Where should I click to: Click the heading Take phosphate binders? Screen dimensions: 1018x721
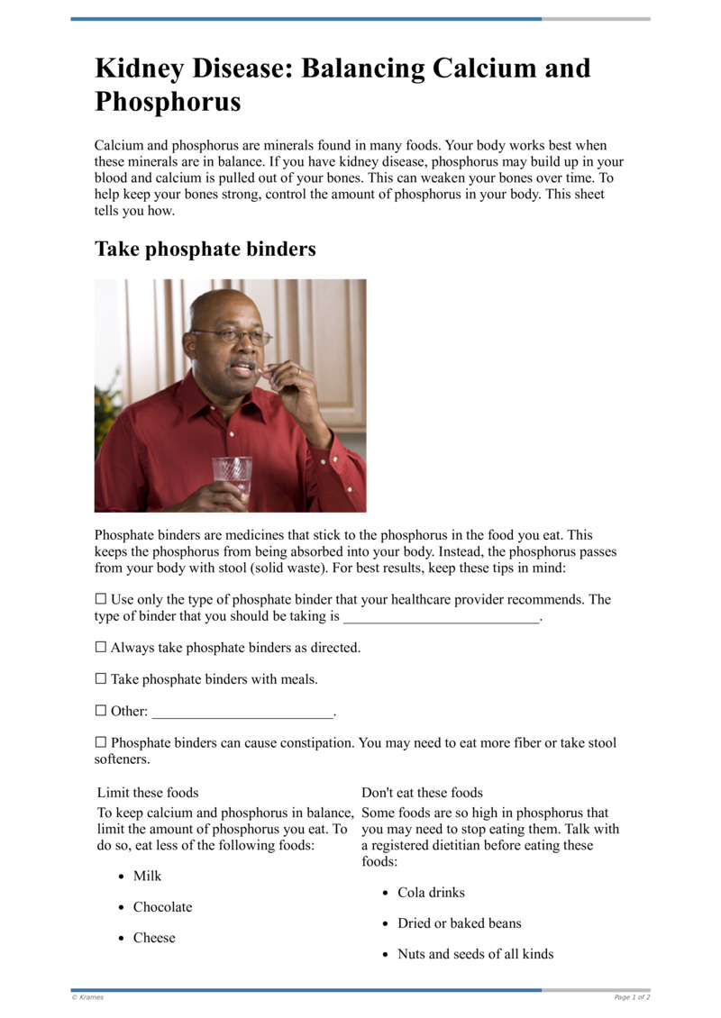(x=205, y=249)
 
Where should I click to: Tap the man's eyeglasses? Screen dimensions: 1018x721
(x=233, y=335)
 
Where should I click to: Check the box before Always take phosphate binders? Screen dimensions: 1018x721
(x=101, y=647)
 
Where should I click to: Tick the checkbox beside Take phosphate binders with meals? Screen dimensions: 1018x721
(x=101, y=678)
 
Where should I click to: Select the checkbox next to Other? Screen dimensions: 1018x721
(x=101, y=710)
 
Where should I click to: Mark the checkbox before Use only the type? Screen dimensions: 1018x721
(x=101, y=599)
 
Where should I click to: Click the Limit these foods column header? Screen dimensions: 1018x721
(x=148, y=793)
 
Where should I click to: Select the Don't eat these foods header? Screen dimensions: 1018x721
(x=422, y=793)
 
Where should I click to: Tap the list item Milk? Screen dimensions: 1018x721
(x=148, y=876)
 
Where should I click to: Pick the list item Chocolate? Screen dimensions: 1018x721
(x=162, y=906)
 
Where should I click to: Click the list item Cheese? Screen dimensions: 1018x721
(x=154, y=937)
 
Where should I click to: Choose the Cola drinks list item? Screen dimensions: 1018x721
(x=431, y=892)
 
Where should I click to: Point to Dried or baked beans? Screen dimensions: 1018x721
(x=459, y=923)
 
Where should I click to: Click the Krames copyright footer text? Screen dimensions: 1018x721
(x=88, y=997)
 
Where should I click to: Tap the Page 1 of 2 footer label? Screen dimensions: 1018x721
(x=632, y=997)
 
